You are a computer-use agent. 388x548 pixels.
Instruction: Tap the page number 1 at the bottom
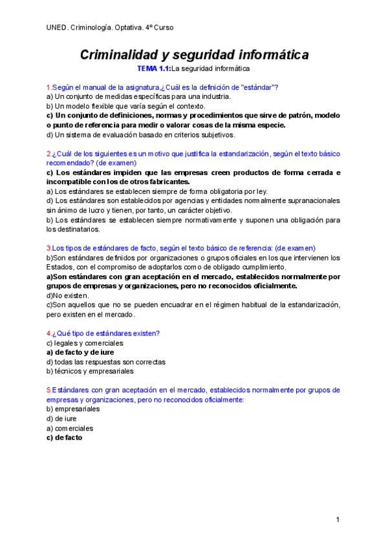(x=338, y=520)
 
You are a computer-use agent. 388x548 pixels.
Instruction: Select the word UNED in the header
(x=56, y=27)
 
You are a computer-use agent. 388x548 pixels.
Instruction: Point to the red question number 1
(x=48, y=87)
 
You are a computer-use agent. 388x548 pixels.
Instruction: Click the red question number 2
(x=48, y=154)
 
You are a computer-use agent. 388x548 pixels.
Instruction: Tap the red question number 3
(x=48, y=248)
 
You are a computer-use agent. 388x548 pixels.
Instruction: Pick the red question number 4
(x=48, y=333)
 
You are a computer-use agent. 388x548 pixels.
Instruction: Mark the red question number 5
(x=48, y=390)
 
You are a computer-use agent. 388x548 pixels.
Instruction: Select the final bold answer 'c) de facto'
(x=64, y=437)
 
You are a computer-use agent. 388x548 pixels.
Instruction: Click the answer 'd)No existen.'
(x=67, y=295)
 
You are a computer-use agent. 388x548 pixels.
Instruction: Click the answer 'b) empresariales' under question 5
(x=73, y=409)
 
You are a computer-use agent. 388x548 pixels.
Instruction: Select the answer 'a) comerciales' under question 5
(x=70, y=428)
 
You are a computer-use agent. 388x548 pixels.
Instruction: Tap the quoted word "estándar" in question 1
(x=258, y=87)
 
